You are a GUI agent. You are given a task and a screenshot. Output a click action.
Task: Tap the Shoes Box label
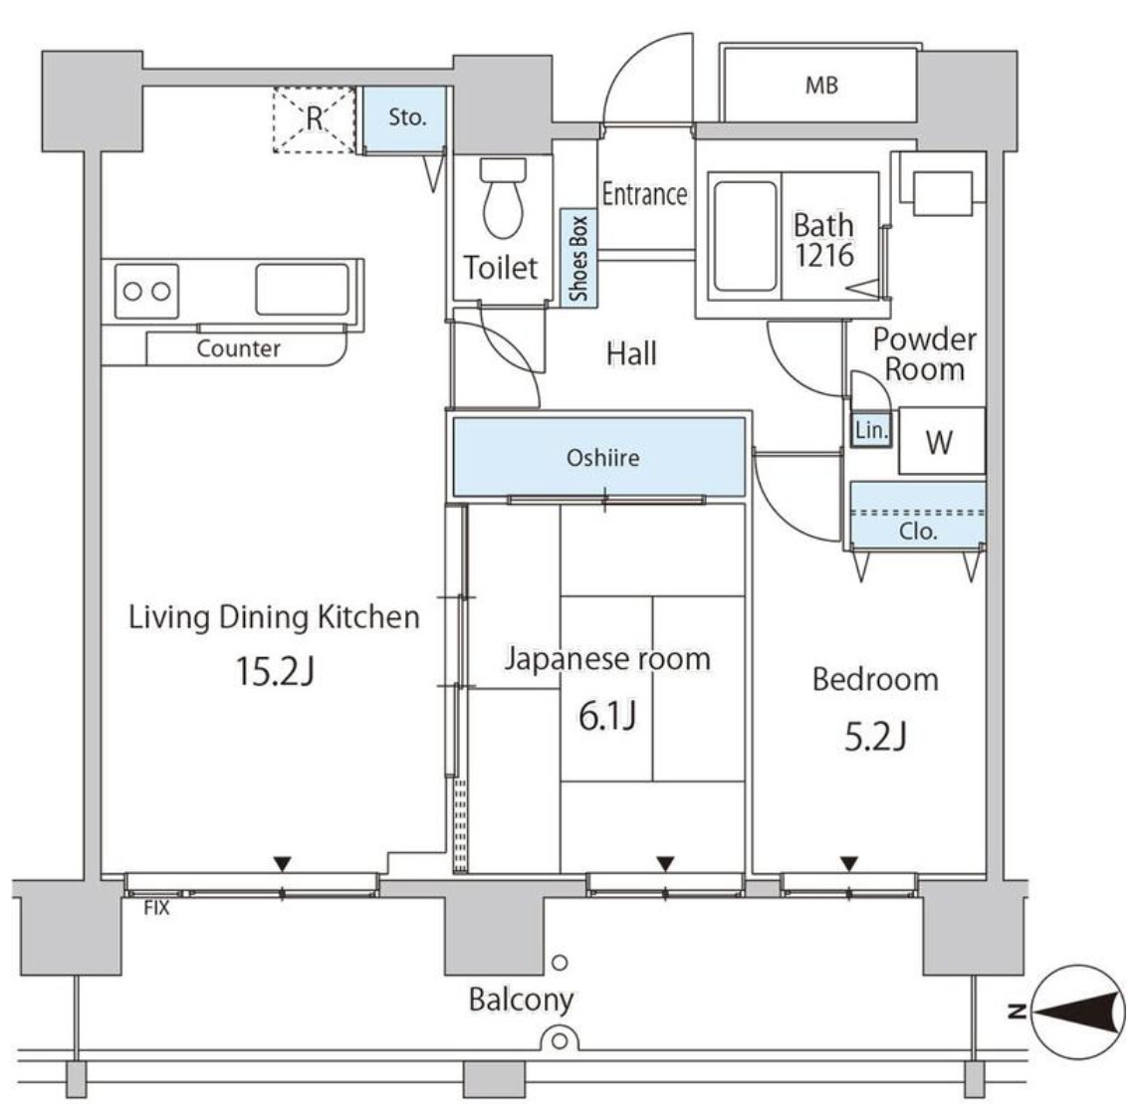[x=579, y=259]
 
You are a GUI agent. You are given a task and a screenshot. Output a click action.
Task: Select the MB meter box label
[x=821, y=86]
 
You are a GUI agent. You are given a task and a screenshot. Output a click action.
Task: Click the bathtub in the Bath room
[x=745, y=237]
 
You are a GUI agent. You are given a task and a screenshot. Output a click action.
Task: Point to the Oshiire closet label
[x=603, y=458]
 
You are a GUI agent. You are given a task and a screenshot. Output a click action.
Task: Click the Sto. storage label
[x=407, y=116]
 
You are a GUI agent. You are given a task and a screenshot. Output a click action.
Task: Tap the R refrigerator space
[x=314, y=119]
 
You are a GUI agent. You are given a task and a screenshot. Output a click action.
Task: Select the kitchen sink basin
[x=303, y=289]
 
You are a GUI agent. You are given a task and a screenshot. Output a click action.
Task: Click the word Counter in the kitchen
[x=238, y=348]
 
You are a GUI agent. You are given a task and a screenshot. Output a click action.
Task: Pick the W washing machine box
[x=942, y=441]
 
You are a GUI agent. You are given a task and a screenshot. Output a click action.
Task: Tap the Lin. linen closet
[x=871, y=430]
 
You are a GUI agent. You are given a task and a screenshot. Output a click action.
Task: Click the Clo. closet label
[x=918, y=531]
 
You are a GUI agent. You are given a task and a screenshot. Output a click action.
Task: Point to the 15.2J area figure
[x=275, y=671]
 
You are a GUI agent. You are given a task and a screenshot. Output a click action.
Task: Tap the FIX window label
[x=156, y=908]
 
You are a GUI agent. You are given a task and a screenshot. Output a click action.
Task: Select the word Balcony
[x=521, y=1000]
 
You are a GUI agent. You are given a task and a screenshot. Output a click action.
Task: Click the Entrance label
[x=644, y=194]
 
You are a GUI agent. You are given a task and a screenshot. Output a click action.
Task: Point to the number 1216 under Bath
[x=824, y=256]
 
